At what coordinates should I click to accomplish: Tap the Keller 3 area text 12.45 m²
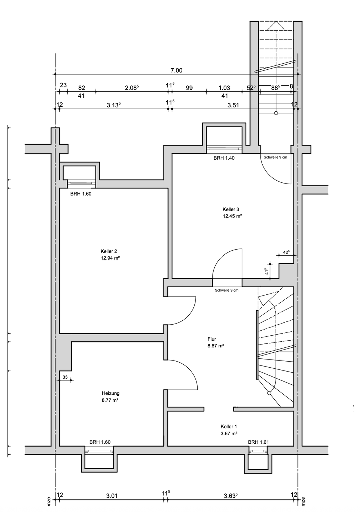[232, 216]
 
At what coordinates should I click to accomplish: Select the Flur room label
[212, 339]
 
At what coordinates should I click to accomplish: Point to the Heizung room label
[111, 393]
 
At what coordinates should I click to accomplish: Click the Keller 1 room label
[229, 426]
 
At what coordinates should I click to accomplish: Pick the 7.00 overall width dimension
[176, 70]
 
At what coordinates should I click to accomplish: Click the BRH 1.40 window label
[224, 158]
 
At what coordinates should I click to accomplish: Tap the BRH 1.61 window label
[259, 442]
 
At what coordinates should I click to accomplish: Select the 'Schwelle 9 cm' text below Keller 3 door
[226, 290]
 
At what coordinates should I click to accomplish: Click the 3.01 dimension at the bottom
[112, 495]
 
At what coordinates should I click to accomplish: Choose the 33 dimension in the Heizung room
[65, 377]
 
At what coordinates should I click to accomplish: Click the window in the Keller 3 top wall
[224, 149]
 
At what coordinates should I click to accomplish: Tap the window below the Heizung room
[100, 451]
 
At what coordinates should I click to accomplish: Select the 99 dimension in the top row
[189, 87]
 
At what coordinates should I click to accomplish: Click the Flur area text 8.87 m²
[216, 346]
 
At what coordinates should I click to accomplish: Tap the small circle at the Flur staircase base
[269, 393]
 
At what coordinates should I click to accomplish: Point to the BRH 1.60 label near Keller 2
[81, 194]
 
